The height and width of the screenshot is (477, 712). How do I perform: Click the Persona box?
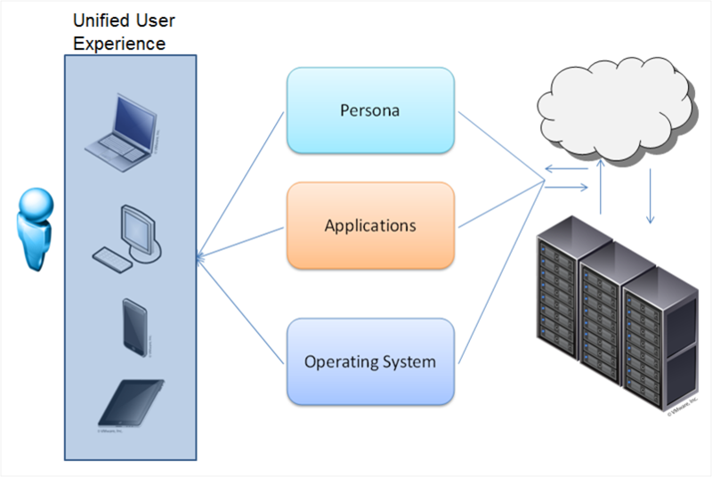click(370, 111)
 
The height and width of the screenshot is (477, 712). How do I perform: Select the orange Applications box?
click(370, 225)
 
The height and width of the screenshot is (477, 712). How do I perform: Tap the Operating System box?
click(370, 362)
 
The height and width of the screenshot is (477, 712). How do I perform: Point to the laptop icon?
click(121, 126)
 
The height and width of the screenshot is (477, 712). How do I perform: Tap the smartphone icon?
click(135, 327)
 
